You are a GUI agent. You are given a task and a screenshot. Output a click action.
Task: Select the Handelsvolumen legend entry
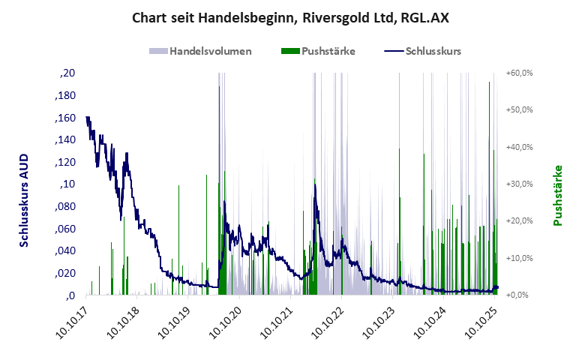point(200,52)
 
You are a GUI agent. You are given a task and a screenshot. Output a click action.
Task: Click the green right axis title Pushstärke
point(557,195)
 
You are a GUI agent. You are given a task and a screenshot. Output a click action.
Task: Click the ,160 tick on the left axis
point(65,118)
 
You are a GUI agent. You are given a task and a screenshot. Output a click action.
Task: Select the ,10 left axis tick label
point(67,184)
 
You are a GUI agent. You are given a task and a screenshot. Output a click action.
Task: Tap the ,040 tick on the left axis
point(65,251)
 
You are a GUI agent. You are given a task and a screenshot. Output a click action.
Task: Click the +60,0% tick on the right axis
point(519,73)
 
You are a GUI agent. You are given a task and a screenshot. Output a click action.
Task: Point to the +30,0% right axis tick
point(519,184)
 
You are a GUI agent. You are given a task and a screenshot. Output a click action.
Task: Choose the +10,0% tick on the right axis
point(519,258)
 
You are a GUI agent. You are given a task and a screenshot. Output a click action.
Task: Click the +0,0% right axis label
point(520,295)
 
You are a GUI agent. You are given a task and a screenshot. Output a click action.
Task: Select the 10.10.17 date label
point(75,324)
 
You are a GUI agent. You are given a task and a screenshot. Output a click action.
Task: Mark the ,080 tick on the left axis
point(65,207)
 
